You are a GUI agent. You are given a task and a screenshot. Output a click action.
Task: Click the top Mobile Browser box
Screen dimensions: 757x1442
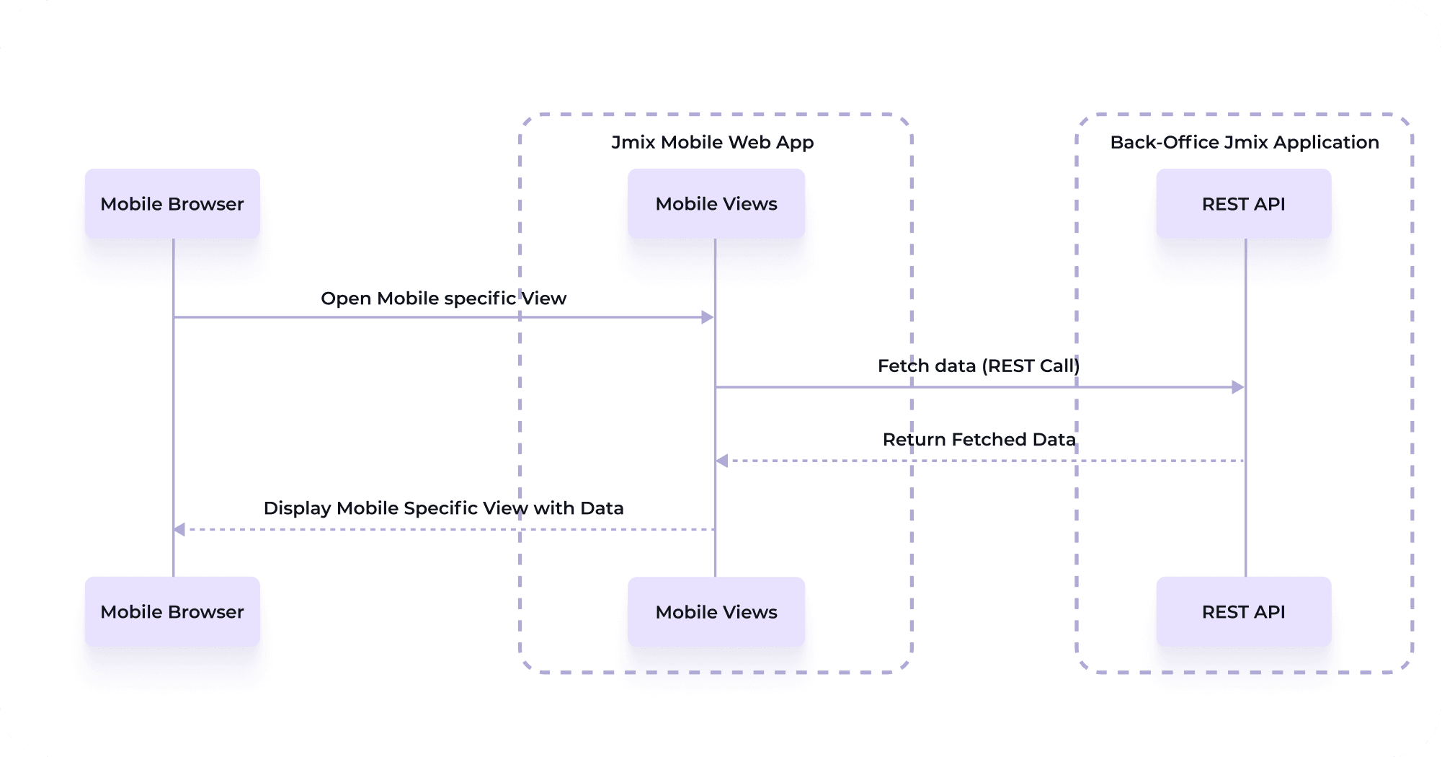(172, 204)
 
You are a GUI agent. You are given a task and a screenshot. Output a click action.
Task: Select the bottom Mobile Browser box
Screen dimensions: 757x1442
(172, 612)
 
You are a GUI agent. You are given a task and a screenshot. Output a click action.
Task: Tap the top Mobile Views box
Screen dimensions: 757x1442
(716, 204)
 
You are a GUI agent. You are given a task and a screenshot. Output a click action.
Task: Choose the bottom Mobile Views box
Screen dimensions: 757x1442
(716, 612)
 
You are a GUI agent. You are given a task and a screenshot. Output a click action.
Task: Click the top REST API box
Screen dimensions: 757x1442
(1244, 204)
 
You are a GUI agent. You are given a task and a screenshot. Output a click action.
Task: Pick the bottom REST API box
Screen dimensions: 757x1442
(1244, 612)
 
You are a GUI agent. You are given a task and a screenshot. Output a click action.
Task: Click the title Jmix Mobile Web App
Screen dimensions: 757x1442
(713, 142)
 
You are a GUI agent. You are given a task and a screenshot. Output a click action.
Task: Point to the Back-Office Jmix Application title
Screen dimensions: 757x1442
(1245, 142)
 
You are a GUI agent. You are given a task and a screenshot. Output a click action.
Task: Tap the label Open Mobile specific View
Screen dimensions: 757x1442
(443, 298)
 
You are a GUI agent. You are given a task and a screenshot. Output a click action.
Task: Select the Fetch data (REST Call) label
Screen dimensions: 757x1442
(979, 366)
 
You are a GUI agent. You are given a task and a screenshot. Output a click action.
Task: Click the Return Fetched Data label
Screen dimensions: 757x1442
(979, 440)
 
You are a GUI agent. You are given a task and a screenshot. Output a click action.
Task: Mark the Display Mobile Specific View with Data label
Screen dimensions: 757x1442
(443, 508)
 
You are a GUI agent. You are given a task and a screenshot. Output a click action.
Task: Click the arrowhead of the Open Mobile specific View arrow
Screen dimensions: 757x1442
(708, 317)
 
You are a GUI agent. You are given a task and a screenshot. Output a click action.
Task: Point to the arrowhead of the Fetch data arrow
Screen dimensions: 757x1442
(1238, 387)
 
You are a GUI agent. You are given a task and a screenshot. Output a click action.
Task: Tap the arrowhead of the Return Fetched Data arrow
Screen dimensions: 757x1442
(722, 461)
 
